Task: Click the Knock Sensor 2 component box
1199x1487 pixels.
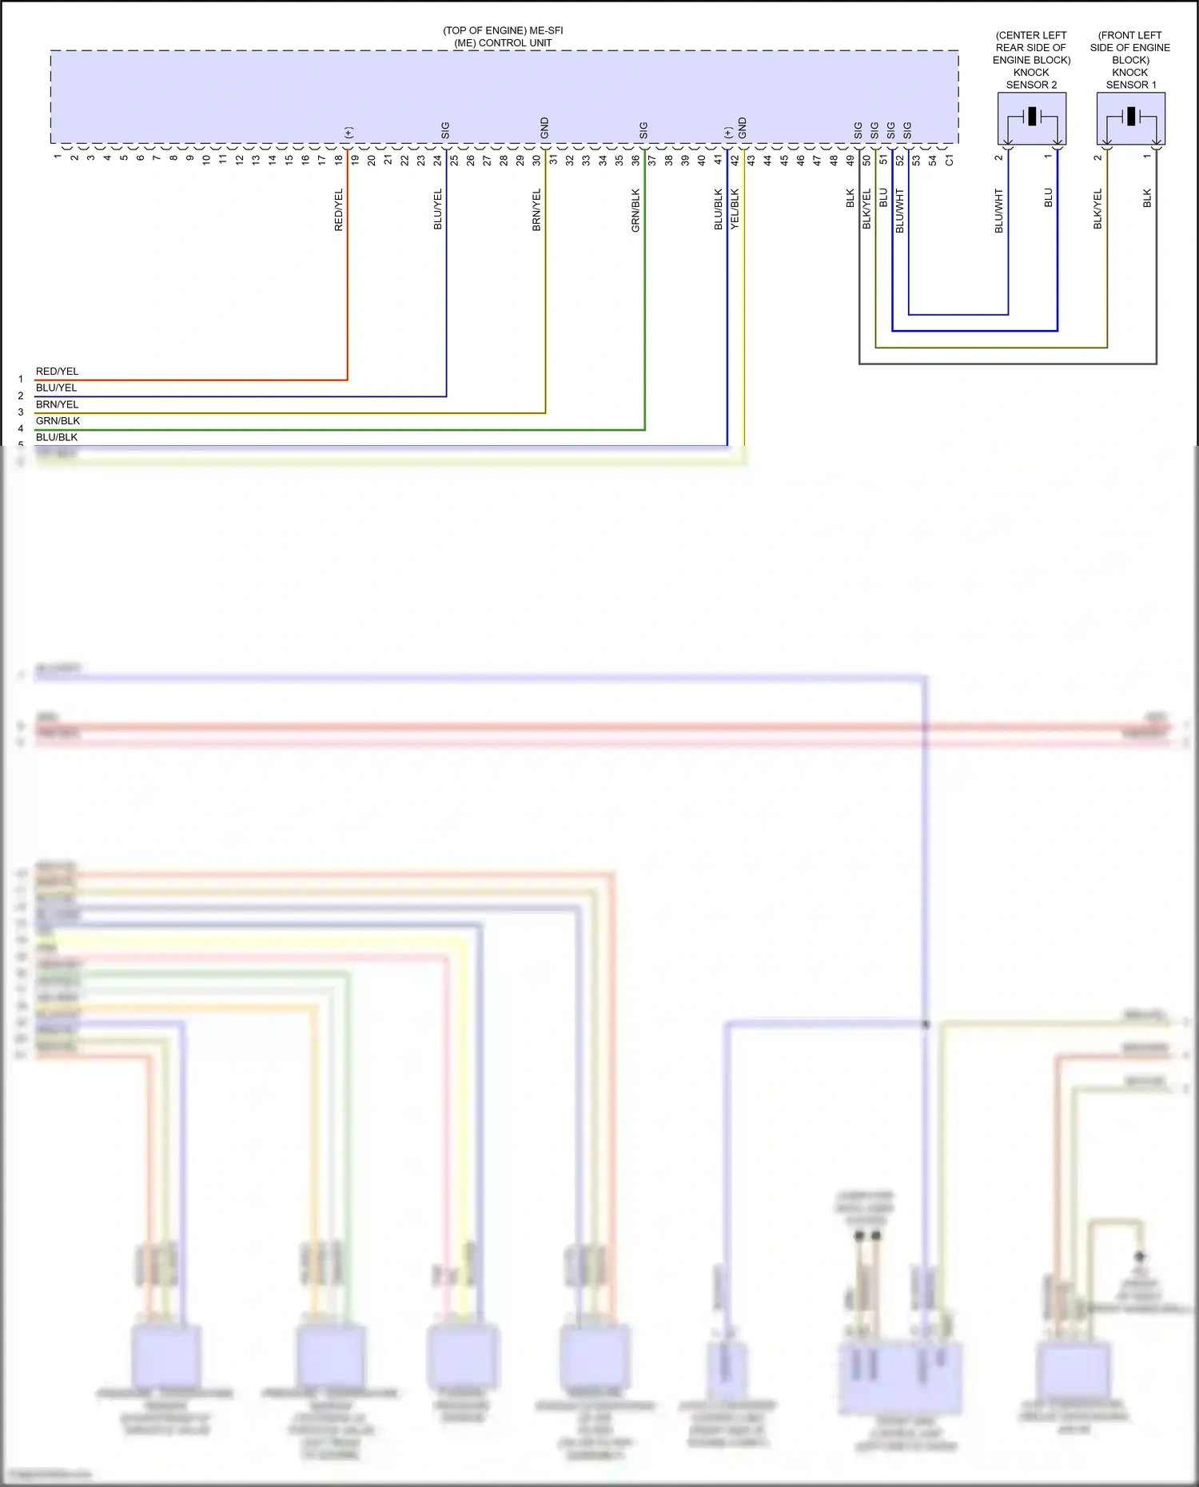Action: tap(1031, 118)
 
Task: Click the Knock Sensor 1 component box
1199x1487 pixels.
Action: tap(1130, 118)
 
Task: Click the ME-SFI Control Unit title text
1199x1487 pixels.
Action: tap(503, 37)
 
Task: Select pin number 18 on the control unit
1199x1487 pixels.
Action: tap(339, 160)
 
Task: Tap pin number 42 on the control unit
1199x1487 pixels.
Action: tap(735, 160)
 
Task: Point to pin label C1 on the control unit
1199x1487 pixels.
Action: tap(949, 160)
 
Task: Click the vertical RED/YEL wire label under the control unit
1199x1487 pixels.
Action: tap(339, 210)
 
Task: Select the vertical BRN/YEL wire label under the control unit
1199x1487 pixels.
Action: tap(537, 210)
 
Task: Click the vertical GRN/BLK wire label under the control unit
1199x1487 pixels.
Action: tap(636, 210)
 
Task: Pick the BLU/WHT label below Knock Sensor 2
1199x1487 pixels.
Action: tap(999, 211)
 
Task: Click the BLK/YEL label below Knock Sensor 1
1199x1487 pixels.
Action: tap(1098, 209)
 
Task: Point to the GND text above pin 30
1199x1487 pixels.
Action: tap(545, 128)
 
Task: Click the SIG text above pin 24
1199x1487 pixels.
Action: tap(446, 130)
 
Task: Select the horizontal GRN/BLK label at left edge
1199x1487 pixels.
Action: tap(58, 421)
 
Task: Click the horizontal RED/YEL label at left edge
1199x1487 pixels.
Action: tap(57, 372)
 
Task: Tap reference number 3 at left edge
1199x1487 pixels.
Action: tap(21, 412)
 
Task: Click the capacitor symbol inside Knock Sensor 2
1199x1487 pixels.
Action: tap(1032, 117)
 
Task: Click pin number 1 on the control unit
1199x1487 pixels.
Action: tap(58, 157)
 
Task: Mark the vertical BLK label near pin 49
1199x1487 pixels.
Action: tap(850, 198)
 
